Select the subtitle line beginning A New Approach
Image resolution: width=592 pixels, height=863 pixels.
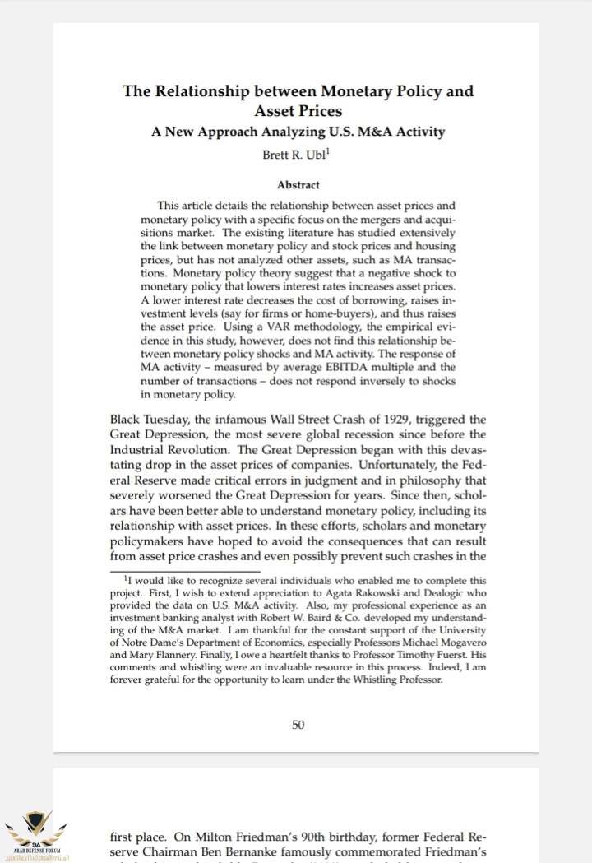298,132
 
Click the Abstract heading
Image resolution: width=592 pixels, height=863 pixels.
298,185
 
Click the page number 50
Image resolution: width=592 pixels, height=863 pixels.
298,725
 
